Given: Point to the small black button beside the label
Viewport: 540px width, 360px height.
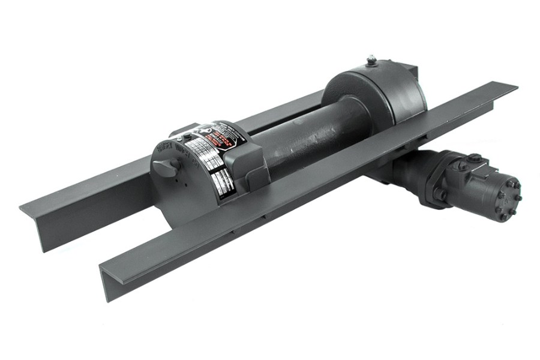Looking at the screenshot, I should [x=187, y=137].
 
